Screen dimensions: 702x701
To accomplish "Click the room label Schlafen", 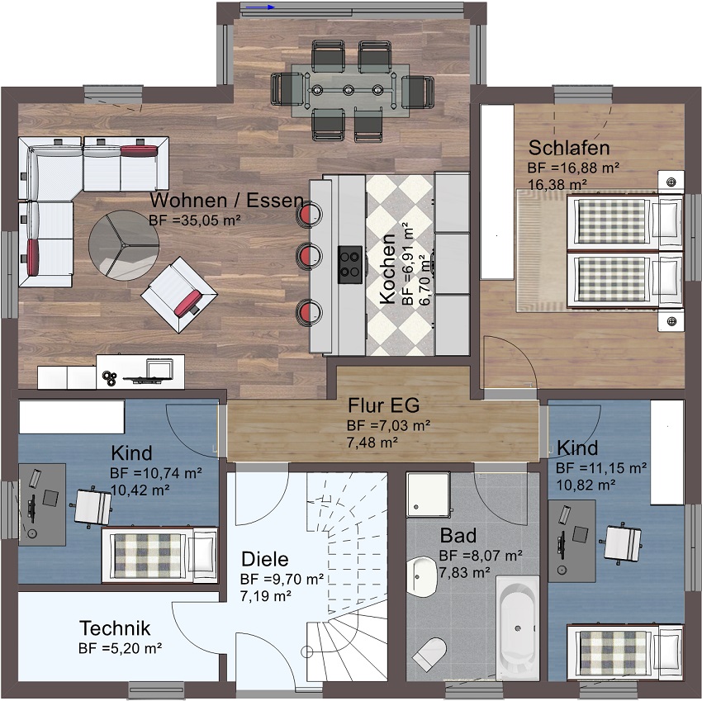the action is [x=568, y=148].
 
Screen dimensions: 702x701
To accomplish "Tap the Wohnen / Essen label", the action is [x=226, y=200].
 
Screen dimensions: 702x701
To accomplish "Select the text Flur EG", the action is [x=384, y=405].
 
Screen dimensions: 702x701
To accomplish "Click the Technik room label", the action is [x=115, y=628].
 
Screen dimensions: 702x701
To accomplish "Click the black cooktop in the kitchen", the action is [x=350, y=264].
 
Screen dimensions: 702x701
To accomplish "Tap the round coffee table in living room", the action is [x=124, y=245].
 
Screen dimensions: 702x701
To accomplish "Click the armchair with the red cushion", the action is [x=179, y=295].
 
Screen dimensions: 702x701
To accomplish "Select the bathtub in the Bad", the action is [x=518, y=628].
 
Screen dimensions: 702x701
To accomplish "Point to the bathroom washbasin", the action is [x=422, y=576].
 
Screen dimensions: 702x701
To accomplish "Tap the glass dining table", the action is [x=350, y=91].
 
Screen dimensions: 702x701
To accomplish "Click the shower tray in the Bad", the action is [x=428, y=495].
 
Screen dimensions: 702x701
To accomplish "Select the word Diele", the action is [x=264, y=559].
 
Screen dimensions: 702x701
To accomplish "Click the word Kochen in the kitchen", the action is [x=387, y=268].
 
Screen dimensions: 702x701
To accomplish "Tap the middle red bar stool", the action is [x=310, y=256].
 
